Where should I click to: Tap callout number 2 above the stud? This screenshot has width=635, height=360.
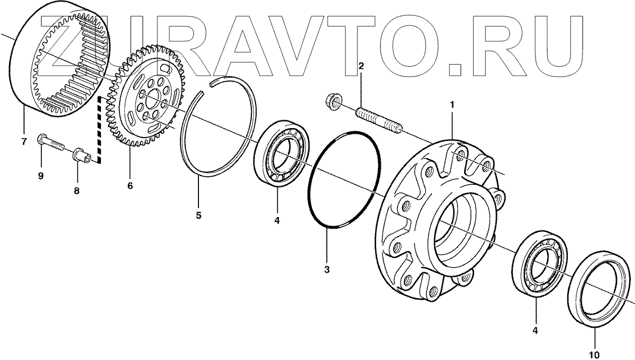click(x=361, y=66)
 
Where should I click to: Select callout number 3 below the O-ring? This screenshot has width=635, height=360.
click(x=327, y=269)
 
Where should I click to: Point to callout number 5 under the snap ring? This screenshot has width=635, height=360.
click(x=198, y=216)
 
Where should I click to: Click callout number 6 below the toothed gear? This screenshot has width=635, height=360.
click(x=130, y=186)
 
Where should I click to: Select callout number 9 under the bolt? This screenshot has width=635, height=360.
click(x=41, y=176)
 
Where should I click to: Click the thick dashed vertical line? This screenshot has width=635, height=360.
click(x=99, y=132)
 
